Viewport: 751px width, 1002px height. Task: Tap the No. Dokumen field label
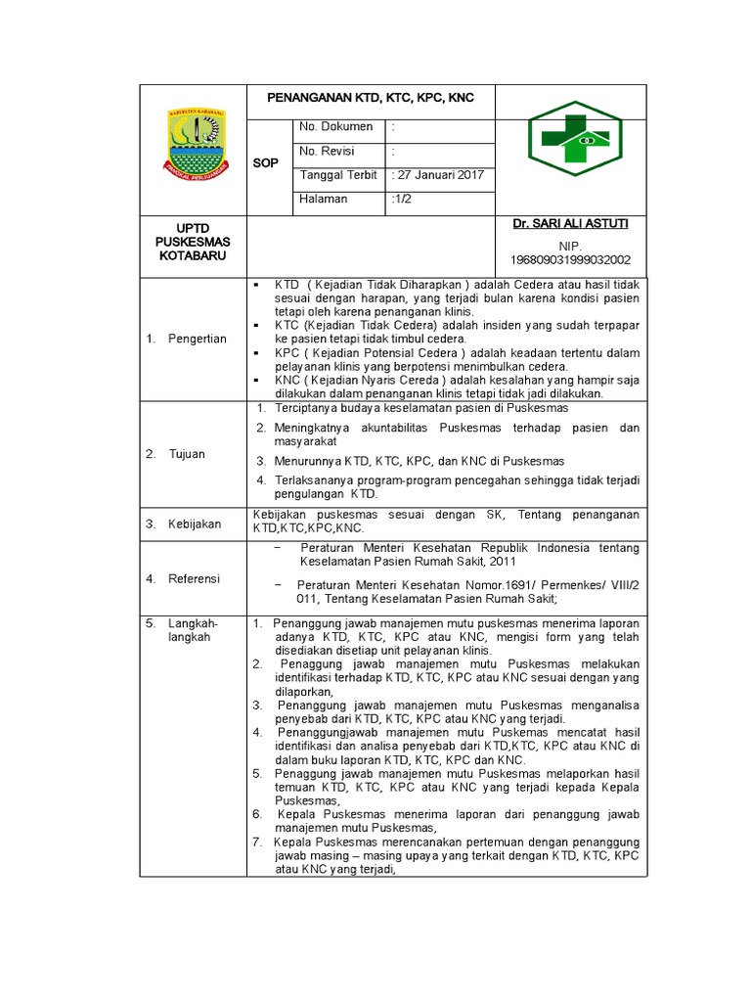[335, 126]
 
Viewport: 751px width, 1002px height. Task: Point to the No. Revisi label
[327, 151]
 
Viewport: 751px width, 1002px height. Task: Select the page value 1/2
[403, 200]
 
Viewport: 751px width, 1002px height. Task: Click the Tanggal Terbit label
[338, 175]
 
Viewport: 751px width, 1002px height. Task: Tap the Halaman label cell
[324, 200]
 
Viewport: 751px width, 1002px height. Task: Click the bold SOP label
[265, 163]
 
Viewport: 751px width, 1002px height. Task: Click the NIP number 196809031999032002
[570, 259]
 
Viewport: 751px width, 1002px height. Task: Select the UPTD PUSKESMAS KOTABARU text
[193, 242]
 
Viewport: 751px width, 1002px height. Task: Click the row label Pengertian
[198, 339]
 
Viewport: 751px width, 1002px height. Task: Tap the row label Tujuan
[187, 454]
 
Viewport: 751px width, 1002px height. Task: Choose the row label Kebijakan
[196, 524]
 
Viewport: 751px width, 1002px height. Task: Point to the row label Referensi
[196, 578]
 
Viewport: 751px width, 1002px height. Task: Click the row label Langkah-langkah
[194, 629]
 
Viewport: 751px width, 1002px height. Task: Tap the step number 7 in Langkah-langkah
[257, 842]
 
